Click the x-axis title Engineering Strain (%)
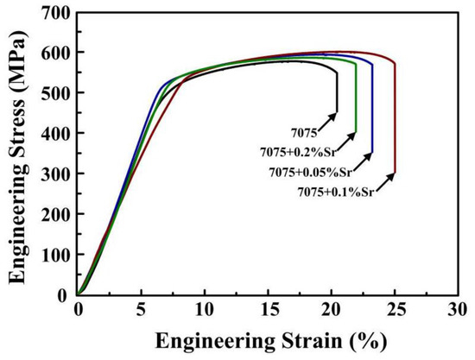tap(268, 341)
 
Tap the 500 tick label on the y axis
tap(54, 92)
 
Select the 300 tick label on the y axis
tap(54, 174)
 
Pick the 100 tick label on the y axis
tap(54, 255)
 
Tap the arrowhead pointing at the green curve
tap(353, 133)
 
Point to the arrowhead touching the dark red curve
tap(393, 174)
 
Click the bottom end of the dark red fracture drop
tap(395, 174)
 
